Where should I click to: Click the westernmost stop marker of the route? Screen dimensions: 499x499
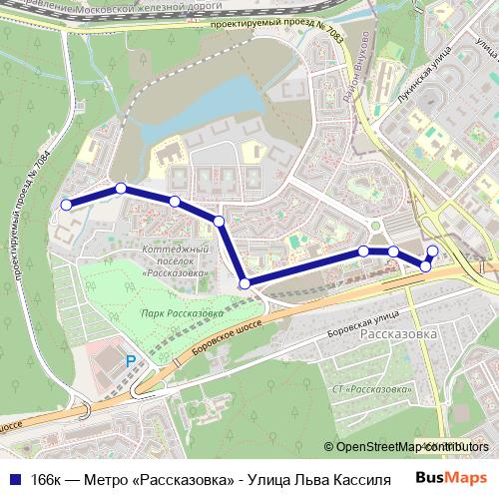coord(67,205)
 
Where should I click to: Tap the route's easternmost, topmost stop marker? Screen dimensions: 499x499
coord(432,250)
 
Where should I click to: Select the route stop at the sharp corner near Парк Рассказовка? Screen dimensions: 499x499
coord(246,284)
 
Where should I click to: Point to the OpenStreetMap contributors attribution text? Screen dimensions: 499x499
coord(407,447)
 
